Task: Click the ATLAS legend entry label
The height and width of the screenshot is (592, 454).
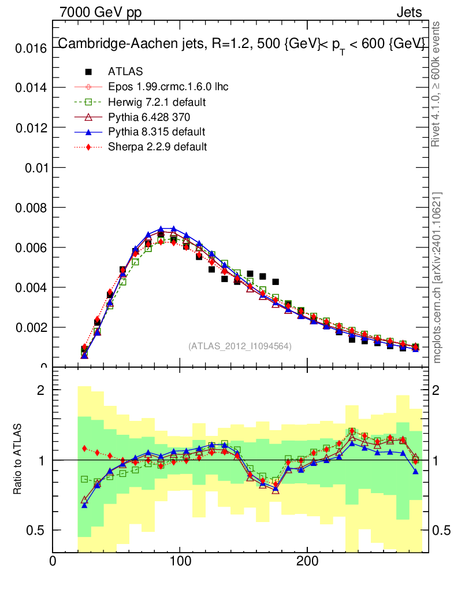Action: click(125, 72)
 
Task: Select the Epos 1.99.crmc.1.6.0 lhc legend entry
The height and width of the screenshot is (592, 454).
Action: click(168, 87)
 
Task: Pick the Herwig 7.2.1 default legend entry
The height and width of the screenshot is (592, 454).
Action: click(157, 102)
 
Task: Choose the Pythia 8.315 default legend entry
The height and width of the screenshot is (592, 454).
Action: click(157, 132)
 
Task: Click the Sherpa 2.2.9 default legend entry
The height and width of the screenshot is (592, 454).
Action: click(157, 147)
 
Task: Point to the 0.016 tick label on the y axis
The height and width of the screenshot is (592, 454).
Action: click(29, 48)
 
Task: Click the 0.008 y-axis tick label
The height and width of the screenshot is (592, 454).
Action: click(29, 208)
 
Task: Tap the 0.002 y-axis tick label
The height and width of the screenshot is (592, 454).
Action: click(29, 327)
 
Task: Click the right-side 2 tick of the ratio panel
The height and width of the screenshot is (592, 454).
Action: click(438, 390)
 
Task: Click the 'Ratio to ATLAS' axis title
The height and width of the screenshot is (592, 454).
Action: click(17, 460)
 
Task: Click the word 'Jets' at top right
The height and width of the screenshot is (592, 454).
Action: click(409, 12)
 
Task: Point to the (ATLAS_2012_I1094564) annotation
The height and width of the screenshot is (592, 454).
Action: click(240, 346)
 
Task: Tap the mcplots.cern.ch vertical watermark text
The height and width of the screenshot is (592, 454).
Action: click(437, 277)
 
